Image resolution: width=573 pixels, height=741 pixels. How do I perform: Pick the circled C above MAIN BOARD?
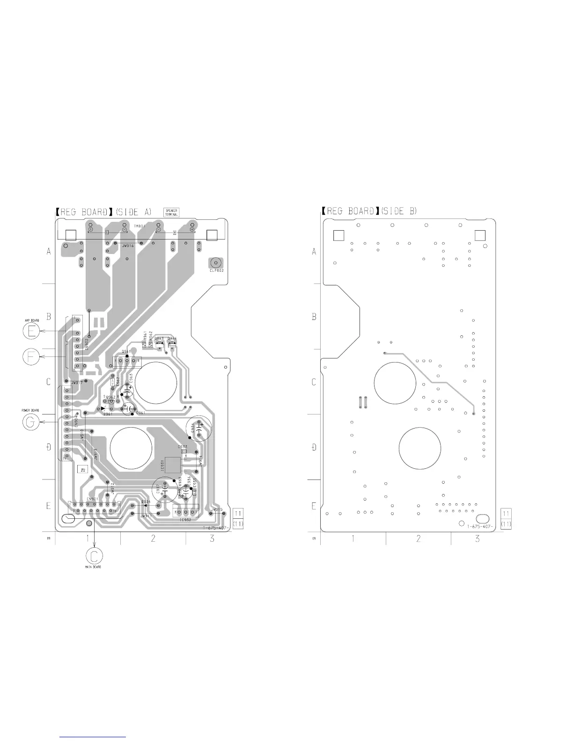(95, 555)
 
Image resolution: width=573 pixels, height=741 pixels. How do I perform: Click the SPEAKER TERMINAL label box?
(172, 212)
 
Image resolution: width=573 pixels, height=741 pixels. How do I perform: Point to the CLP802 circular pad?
(216, 263)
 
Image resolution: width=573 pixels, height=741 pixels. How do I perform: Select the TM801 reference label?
(140, 226)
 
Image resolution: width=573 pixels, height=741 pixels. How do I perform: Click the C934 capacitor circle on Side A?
(199, 429)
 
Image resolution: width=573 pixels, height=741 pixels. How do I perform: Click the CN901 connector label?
(92, 499)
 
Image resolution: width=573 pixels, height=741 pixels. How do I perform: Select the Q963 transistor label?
(159, 338)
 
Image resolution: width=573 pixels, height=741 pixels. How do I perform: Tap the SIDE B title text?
(399, 211)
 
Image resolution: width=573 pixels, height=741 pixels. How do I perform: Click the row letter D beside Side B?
(314, 448)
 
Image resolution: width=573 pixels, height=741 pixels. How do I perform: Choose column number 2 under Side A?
(153, 538)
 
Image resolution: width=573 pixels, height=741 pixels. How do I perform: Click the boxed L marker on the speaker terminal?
(107, 232)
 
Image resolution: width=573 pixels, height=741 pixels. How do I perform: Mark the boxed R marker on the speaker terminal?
(175, 232)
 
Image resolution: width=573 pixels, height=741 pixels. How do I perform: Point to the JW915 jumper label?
(217, 509)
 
